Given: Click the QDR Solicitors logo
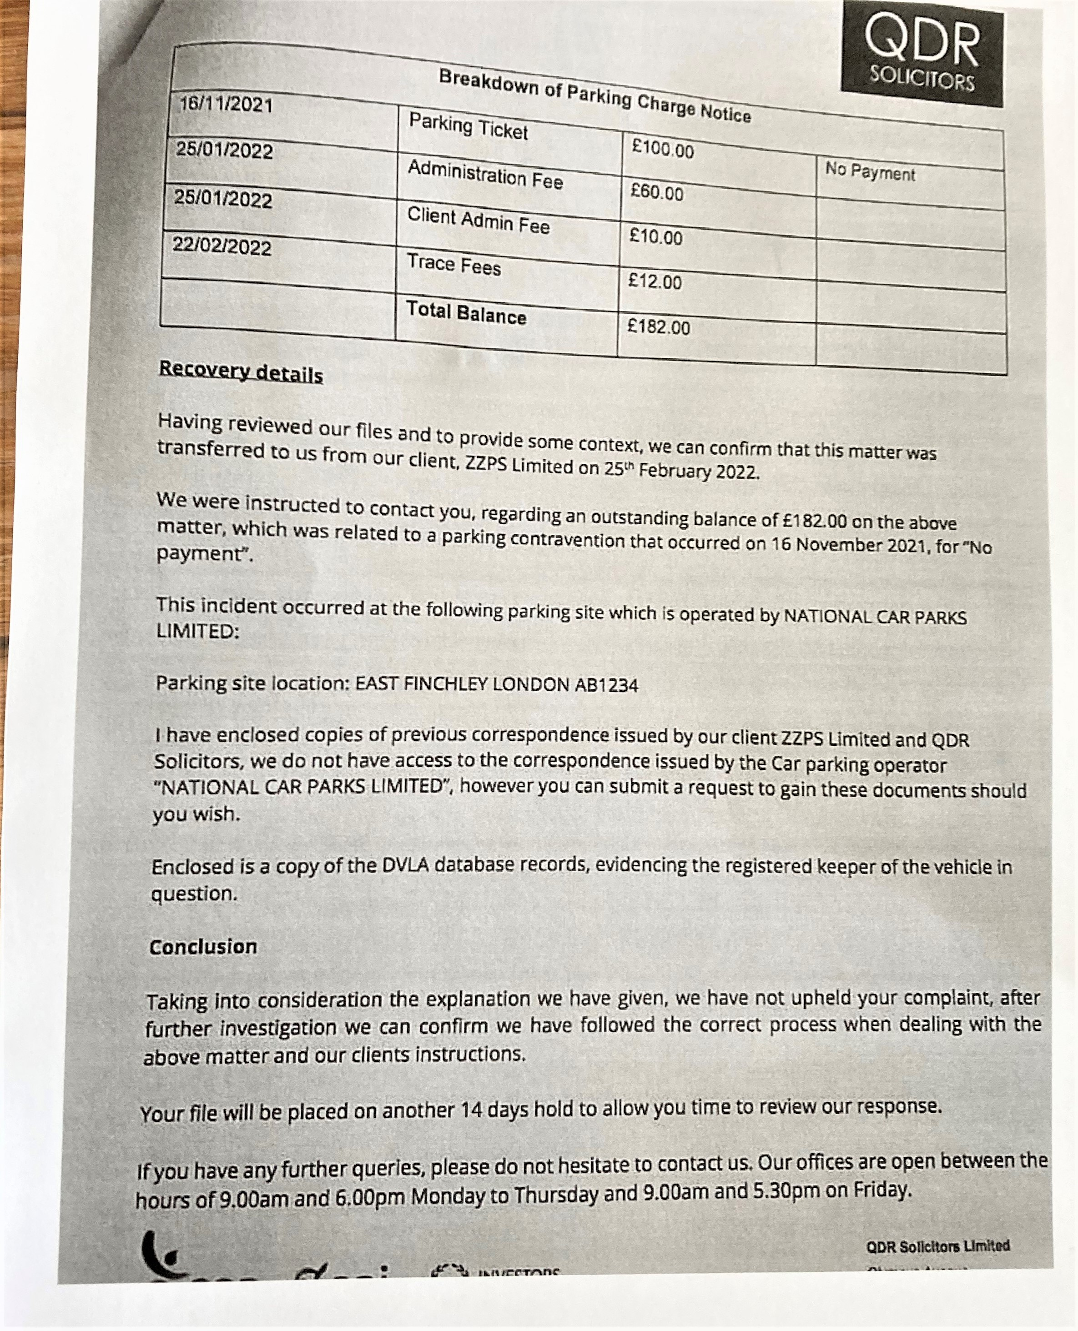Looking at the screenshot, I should point(922,55).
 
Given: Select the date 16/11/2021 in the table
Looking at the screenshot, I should point(226,104).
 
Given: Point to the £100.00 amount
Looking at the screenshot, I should point(663,148).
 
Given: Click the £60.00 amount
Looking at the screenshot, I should point(657,192).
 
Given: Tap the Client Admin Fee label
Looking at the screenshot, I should point(478,221).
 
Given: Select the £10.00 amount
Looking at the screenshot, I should point(656,236).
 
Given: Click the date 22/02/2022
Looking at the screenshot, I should point(222,246).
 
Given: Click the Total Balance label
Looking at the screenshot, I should point(466,313).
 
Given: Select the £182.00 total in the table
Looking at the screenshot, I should point(659,326).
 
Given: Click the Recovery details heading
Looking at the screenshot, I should point(241,372).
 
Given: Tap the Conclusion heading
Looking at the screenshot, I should point(203,947).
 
